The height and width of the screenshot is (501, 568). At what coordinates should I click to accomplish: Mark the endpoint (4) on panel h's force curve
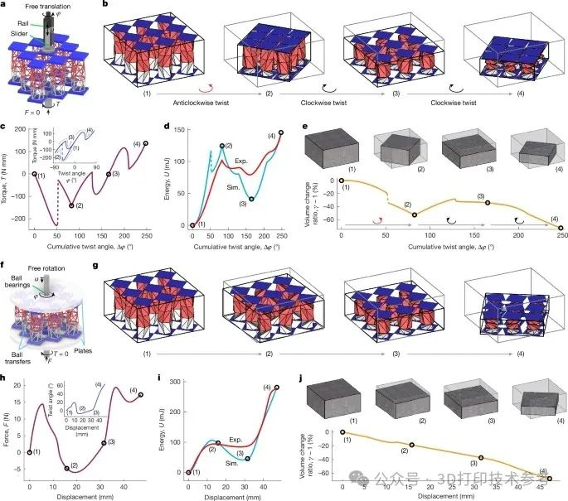tap(141, 395)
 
